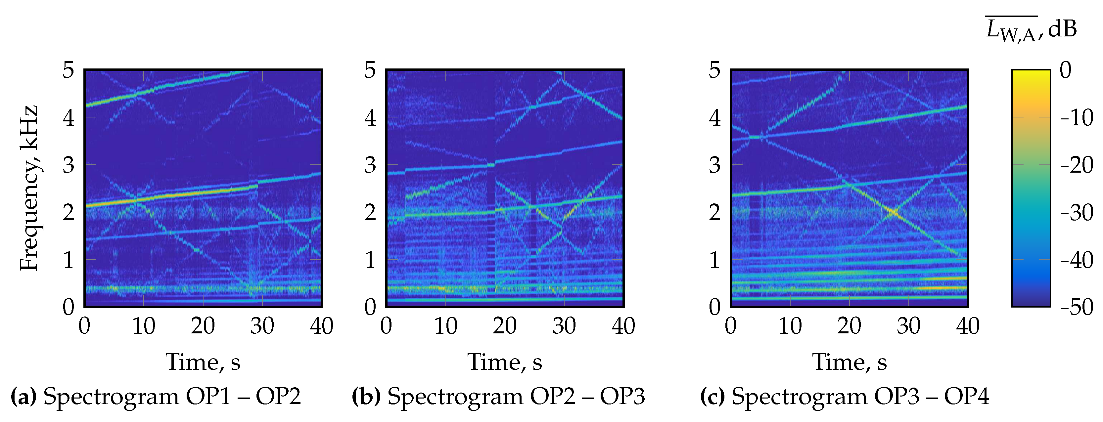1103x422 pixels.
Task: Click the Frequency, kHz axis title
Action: (29, 188)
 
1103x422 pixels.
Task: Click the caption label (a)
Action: (23, 396)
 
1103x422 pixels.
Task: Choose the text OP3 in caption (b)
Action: (622, 396)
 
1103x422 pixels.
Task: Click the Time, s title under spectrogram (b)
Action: (504, 362)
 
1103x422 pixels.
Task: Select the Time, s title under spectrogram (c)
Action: (849, 362)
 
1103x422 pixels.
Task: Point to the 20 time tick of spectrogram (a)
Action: (203, 326)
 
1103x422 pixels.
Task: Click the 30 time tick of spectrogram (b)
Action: (564, 326)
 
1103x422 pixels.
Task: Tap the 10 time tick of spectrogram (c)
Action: (790, 326)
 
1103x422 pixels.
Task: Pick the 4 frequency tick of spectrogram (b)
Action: (370, 118)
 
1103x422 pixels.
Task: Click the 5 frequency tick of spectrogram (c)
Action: (714, 70)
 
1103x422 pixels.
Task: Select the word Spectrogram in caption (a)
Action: (111, 396)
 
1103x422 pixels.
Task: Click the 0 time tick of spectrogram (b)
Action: (386, 326)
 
